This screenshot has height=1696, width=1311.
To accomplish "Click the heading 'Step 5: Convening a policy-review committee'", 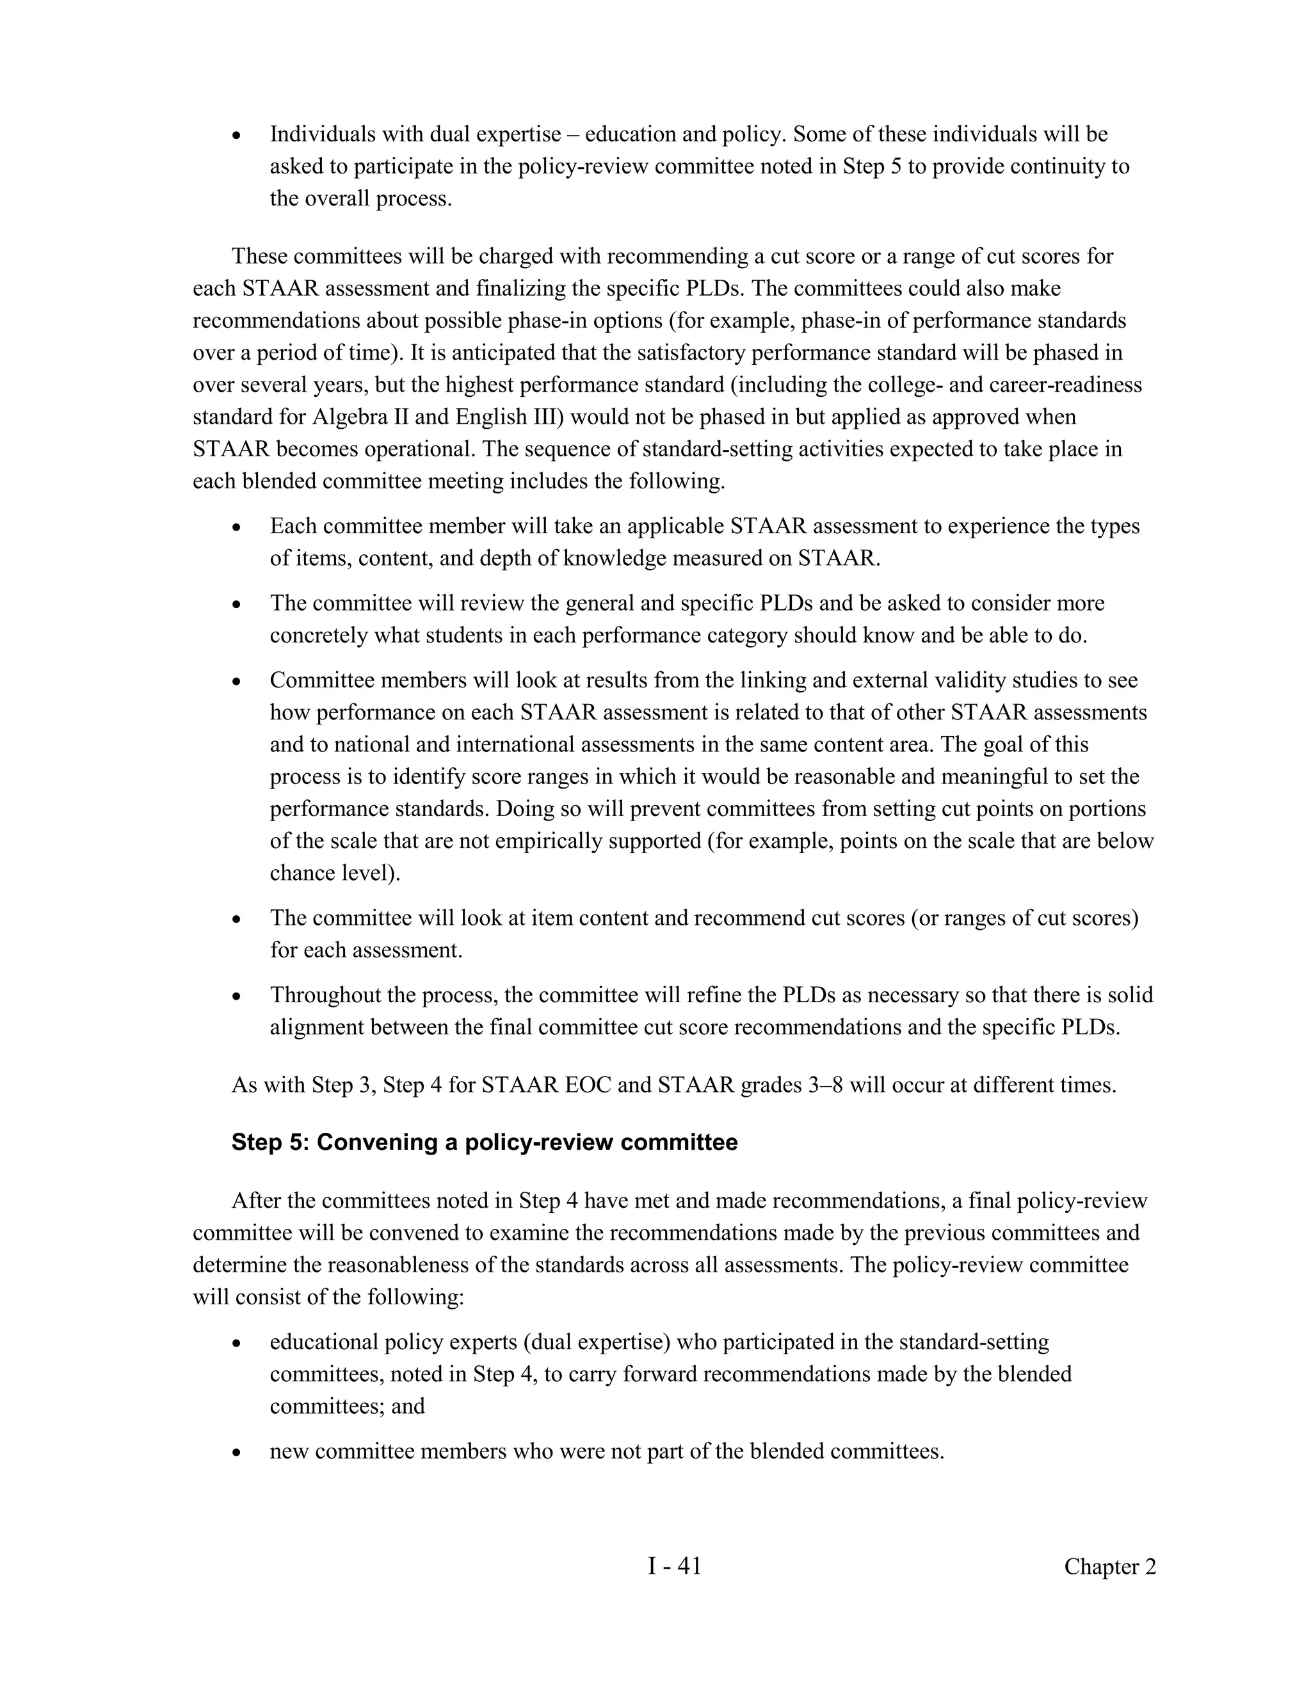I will (484, 1142).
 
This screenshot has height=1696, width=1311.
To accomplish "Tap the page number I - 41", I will (674, 1566).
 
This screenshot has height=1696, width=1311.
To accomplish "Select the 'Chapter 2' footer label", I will (1109, 1567).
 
